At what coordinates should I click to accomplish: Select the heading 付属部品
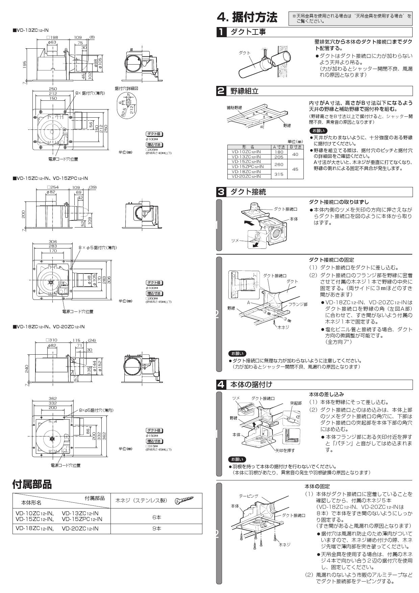[32, 484]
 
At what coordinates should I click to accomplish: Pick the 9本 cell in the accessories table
[156, 528]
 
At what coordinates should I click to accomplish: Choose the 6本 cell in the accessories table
[156, 517]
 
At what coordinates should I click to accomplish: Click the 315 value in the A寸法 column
[279, 174]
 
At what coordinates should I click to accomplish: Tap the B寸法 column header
[296, 147]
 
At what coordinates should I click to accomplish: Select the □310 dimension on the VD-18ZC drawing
[52, 340]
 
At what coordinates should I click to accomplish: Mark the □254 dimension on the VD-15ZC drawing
[53, 187]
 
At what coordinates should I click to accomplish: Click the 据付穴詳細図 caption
[126, 88]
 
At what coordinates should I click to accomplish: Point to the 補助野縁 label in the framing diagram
[234, 108]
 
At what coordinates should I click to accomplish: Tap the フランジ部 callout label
[298, 304]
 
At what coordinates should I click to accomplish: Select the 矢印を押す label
[284, 450]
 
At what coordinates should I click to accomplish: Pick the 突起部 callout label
[296, 403]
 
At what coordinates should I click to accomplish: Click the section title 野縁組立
[244, 91]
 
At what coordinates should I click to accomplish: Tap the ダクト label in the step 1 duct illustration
[245, 53]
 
